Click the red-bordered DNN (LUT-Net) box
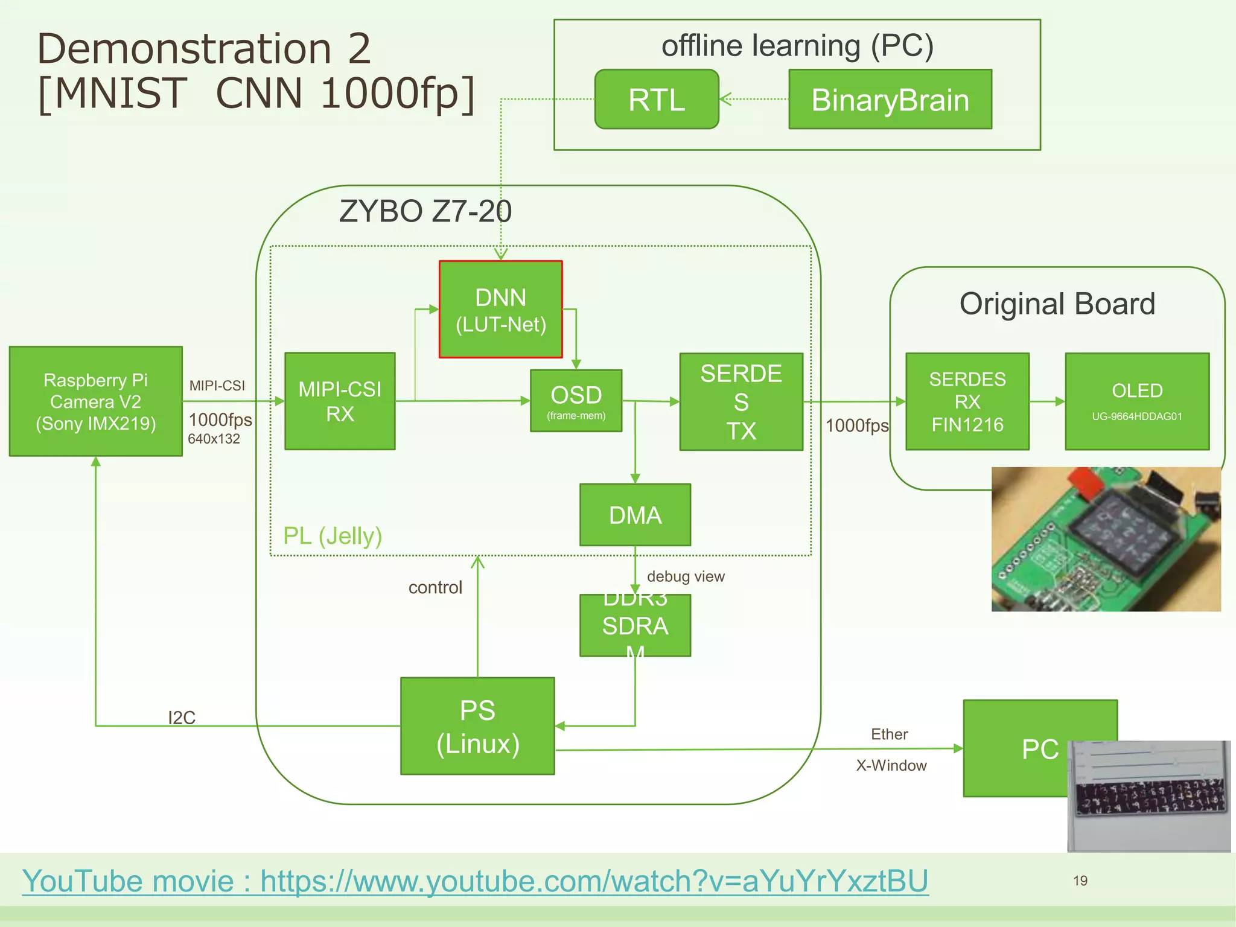click(x=500, y=309)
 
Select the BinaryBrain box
click(x=890, y=100)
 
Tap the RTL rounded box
click(x=657, y=100)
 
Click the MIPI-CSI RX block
click(x=340, y=401)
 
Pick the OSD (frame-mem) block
click(x=576, y=401)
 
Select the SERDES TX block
click(x=741, y=402)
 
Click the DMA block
click(x=635, y=515)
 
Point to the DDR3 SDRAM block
click(x=635, y=625)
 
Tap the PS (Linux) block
click(x=477, y=726)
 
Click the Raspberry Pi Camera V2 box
click(x=96, y=401)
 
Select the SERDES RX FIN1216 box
click(x=967, y=401)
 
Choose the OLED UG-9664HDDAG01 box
click(x=1137, y=401)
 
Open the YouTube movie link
click(x=475, y=881)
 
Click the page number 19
click(x=1080, y=881)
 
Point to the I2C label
click(x=182, y=718)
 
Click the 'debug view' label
click(x=686, y=576)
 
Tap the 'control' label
click(x=435, y=587)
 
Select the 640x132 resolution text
click(x=214, y=439)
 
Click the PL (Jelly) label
click(x=333, y=535)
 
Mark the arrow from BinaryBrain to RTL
click(x=754, y=100)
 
